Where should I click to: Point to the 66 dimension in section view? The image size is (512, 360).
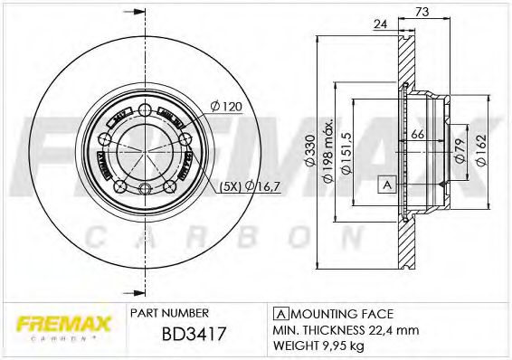(418, 135)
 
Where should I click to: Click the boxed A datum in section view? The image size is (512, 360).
(387, 184)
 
